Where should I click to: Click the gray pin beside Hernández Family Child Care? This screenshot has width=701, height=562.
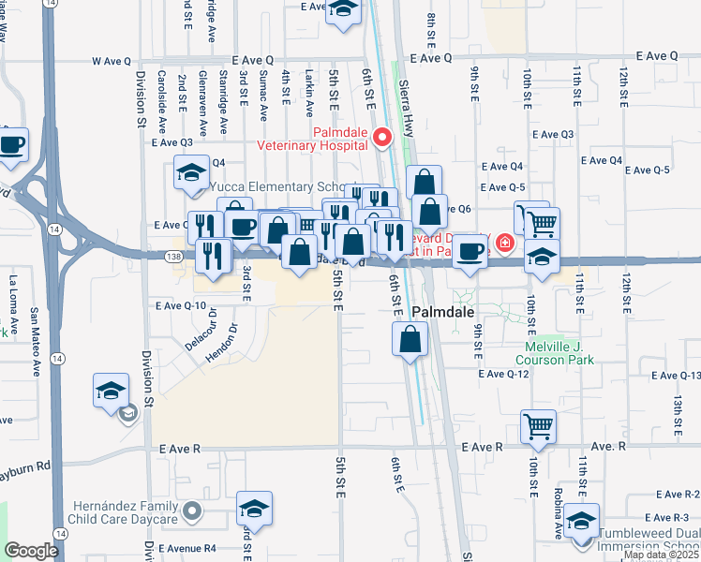coord(192,511)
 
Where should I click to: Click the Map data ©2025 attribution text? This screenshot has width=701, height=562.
coord(661,555)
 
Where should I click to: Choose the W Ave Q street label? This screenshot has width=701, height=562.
coord(112,61)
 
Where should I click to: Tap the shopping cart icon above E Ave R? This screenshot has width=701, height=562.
coord(538,426)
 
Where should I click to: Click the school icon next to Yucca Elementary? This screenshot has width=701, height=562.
coord(191,172)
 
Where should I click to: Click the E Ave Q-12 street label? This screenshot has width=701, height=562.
coord(505,374)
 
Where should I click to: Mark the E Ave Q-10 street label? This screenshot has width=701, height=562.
coord(181,305)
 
